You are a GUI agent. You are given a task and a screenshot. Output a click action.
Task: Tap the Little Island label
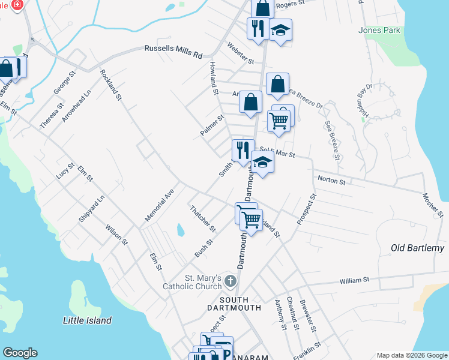coord(87,320)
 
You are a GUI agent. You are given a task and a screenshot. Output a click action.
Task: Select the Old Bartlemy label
coord(417,248)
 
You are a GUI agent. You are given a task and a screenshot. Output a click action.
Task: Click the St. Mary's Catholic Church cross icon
coord(229,280)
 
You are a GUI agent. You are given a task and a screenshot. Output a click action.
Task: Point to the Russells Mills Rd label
coord(173,52)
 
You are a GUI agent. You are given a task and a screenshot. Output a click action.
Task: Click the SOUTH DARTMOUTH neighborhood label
coord(233,304)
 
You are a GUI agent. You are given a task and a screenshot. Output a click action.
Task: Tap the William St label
coord(354,280)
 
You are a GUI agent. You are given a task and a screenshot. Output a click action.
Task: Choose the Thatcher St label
coord(202,219)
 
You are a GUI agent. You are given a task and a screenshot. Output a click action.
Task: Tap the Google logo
coord(20,353)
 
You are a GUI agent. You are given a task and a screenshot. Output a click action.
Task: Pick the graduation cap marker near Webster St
coord(280,30)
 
